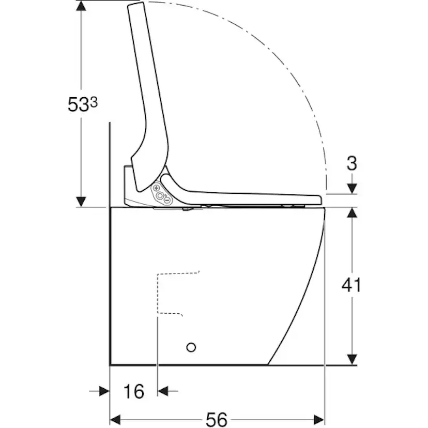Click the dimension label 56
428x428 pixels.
pos(217,419)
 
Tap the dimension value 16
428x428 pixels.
pos(134,391)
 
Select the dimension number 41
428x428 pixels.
pos(351,285)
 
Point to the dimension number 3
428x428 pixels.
pos(352,163)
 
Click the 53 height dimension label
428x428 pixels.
pos(82,104)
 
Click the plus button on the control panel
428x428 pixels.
pos(157,188)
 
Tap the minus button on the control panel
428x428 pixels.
pos(167,201)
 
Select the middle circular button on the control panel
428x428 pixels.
pos(160,195)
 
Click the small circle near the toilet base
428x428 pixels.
pos(191,347)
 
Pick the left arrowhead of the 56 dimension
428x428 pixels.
pos(115,420)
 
